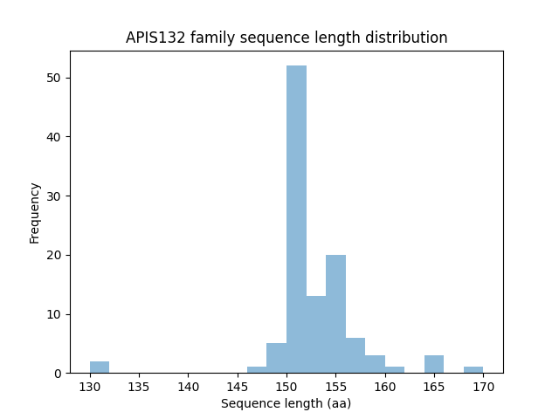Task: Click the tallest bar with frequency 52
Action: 296,219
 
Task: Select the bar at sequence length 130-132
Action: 100,367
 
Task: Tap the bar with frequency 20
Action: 335,314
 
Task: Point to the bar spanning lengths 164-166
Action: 434,365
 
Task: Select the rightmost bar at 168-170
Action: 473,370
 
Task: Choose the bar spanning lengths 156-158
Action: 355,355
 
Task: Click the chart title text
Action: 286,38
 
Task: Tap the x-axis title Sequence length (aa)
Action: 286,403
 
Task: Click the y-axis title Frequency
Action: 35,212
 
